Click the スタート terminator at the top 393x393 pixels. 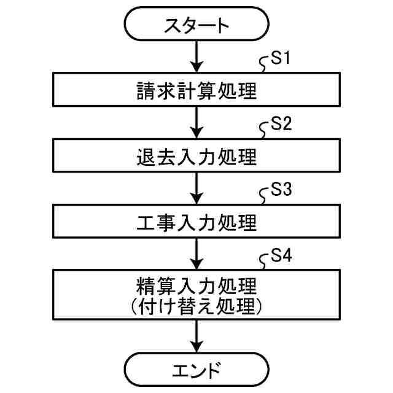tap(196, 26)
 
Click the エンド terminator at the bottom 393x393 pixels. tap(196, 370)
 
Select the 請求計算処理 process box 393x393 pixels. tap(196, 91)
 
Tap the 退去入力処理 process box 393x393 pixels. tap(196, 157)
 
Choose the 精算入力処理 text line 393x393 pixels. tap(196, 286)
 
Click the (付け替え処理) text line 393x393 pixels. tap(196, 306)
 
